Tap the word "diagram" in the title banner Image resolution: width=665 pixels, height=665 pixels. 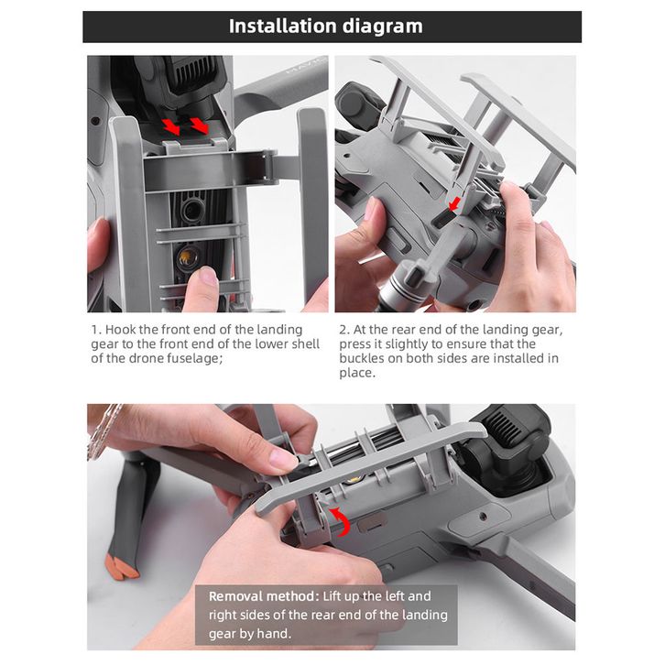tap(383, 27)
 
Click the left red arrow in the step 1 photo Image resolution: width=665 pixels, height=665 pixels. tap(170, 126)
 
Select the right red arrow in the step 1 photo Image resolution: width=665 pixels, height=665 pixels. tap(199, 125)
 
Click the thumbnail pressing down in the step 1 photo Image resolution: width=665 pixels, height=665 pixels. tap(207, 276)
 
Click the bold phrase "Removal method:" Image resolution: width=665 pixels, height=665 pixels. tap(264, 596)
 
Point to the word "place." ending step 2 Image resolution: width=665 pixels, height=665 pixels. tap(357, 373)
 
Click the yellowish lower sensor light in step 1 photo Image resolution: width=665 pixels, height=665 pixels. tap(188, 257)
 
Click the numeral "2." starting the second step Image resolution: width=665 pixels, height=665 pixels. tap(344, 330)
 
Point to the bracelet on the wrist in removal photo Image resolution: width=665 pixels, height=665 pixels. tap(101, 430)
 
